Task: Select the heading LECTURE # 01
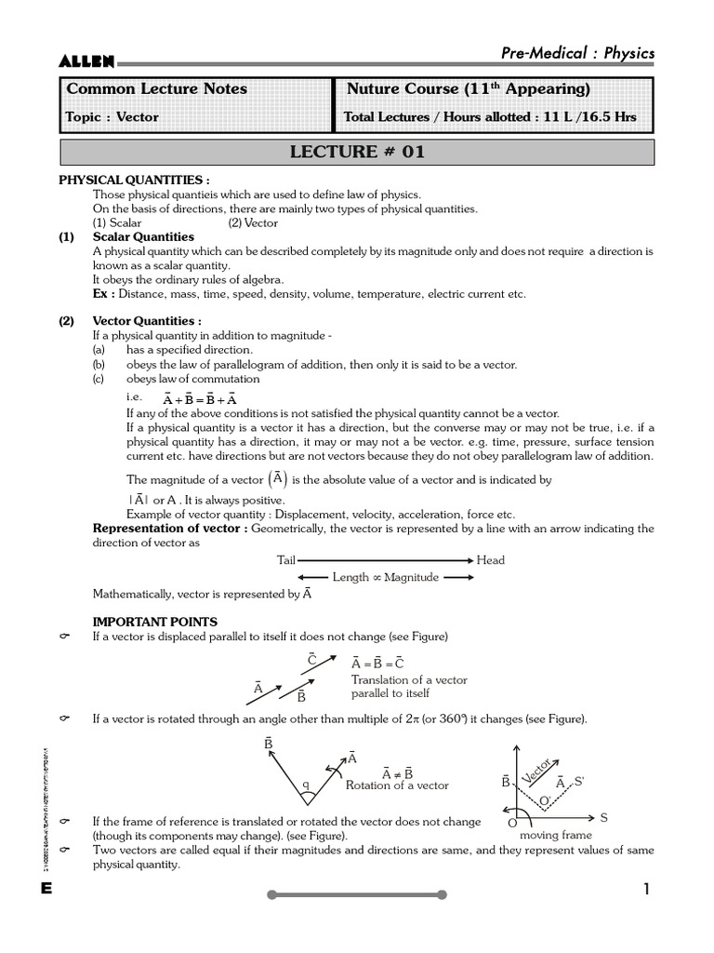click(358, 153)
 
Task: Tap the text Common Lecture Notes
click(155, 89)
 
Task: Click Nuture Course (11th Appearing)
click(469, 89)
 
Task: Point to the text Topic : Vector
click(112, 117)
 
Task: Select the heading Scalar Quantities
click(143, 237)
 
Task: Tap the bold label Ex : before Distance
click(104, 294)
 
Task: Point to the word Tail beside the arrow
click(285, 560)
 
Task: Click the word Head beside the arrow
click(491, 560)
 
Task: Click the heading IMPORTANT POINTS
click(154, 622)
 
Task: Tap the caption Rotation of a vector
click(397, 785)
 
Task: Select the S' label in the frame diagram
click(579, 782)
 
